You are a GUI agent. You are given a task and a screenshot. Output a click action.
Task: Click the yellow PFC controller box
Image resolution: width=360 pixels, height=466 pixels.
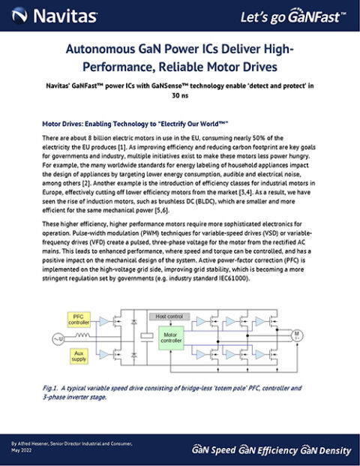pyautogui.click(x=79, y=318)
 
